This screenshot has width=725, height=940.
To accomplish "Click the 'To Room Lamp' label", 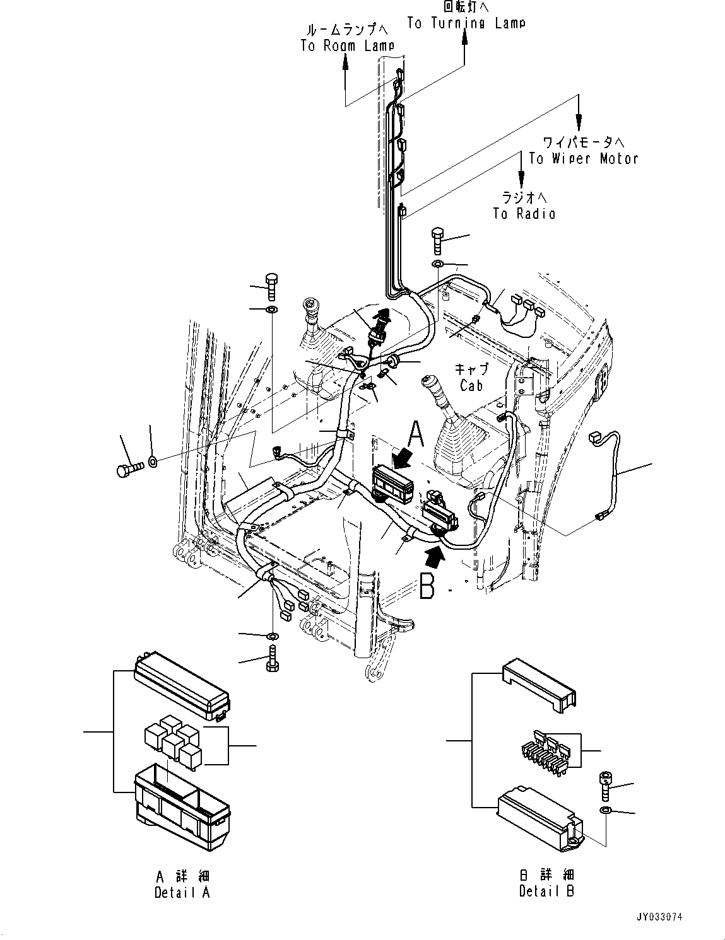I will click(347, 45).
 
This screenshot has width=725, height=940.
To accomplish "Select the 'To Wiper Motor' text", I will click(583, 158).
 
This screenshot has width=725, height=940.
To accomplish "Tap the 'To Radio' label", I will click(524, 214).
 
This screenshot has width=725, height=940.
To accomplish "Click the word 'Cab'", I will click(471, 385).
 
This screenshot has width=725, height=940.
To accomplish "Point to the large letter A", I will click(416, 434).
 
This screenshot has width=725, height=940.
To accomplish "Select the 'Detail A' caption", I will click(182, 892).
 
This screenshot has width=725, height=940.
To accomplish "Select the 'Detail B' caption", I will click(546, 891).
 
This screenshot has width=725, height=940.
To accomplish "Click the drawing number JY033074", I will click(659, 917).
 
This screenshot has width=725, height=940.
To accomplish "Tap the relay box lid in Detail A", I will click(181, 687).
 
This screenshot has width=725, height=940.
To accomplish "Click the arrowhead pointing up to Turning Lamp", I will click(465, 37).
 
